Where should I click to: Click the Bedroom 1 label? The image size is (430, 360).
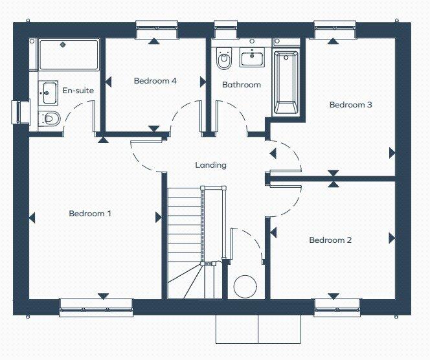[x=90, y=213]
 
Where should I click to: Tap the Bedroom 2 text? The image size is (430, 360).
[x=330, y=240]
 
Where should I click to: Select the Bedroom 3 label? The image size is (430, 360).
[x=350, y=105]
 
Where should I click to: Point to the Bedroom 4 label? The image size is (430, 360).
[x=155, y=81]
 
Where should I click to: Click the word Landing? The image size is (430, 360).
[x=211, y=165]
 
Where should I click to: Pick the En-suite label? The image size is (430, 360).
[x=78, y=91]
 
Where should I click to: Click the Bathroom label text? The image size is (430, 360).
[x=242, y=85]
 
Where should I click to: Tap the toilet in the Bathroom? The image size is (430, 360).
[x=224, y=60]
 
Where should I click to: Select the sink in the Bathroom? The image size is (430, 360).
[x=252, y=59]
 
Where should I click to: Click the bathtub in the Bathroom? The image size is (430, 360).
[x=286, y=83]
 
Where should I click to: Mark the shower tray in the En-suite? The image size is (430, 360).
[x=69, y=55]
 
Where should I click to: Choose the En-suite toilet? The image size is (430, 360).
[x=49, y=118]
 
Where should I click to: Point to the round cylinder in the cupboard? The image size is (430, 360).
[x=245, y=286]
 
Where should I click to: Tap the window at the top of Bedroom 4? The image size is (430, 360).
[x=156, y=29]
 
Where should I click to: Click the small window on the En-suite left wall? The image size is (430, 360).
[x=19, y=111]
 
